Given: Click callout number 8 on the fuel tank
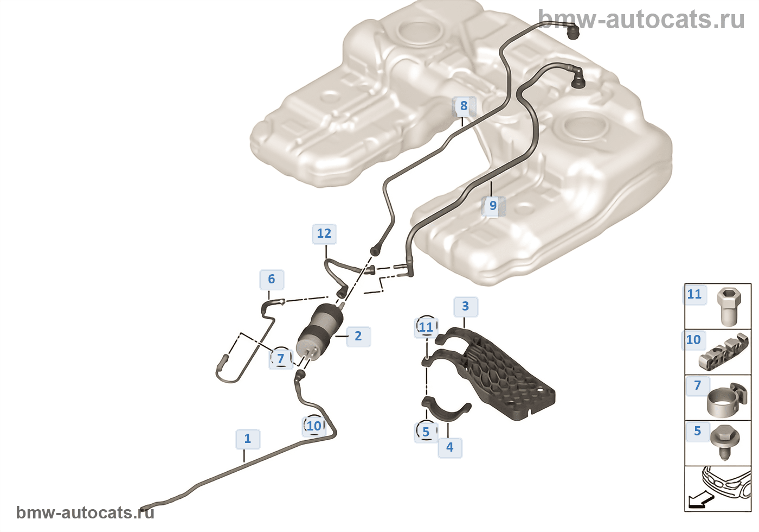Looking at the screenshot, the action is click(x=464, y=106).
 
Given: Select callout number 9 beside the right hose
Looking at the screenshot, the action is click(x=493, y=206).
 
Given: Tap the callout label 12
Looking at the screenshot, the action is click(x=324, y=233).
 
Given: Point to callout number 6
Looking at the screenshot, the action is click(x=272, y=279).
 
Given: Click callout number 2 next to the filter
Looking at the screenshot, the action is click(x=358, y=336).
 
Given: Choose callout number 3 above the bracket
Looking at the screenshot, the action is click(x=466, y=306).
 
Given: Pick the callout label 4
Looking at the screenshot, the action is click(x=449, y=447).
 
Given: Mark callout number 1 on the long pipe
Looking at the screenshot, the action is click(x=248, y=439).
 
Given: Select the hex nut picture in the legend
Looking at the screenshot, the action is click(x=729, y=307).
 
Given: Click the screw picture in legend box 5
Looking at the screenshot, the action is click(x=725, y=442).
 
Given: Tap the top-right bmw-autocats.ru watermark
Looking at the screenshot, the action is click(x=641, y=19).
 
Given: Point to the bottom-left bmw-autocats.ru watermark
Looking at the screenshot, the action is click(x=85, y=512).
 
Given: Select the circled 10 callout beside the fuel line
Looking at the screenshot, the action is click(x=314, y=426).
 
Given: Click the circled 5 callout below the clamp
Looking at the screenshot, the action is click(x=426, y=432).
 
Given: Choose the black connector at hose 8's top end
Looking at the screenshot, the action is click(x=573, y=33).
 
